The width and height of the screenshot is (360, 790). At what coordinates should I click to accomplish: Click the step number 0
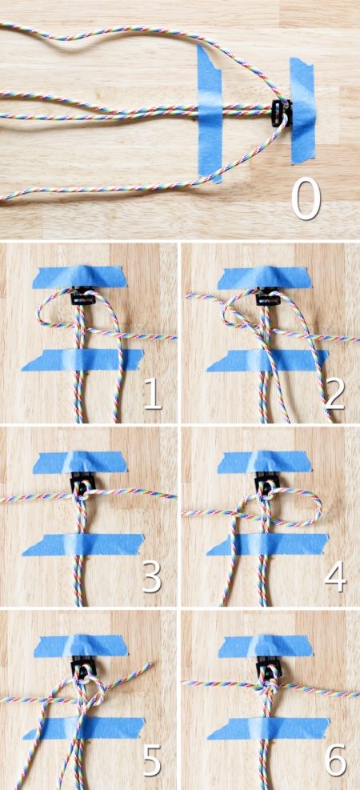coord(306,198)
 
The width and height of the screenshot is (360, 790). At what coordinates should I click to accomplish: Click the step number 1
coord(153,393)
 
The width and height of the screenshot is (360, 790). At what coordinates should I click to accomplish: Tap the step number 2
coord(335,393)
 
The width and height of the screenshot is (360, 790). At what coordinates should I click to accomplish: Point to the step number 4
coord(335,576)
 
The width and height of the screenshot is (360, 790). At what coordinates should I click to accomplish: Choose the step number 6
coord(335,760)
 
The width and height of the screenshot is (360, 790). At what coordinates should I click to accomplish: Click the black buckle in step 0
coord(281,112)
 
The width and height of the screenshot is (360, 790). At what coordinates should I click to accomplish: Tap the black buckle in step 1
coord(82,295)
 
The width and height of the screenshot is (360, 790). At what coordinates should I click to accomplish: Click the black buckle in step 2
coord(267,296)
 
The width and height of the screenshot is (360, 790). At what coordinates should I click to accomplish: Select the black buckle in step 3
coord(82,483)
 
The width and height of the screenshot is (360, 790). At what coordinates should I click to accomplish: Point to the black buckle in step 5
coord(83,667)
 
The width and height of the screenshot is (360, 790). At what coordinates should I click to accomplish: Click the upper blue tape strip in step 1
coord(79,277)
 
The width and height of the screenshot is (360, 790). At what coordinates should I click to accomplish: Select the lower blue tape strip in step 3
coord(83,544)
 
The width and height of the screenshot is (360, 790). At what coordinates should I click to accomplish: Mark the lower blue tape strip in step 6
coord(268,728)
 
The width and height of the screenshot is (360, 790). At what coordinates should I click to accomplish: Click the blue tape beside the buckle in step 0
coord(302,110)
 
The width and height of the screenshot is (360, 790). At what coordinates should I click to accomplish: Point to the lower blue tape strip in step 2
coord(267,360)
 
